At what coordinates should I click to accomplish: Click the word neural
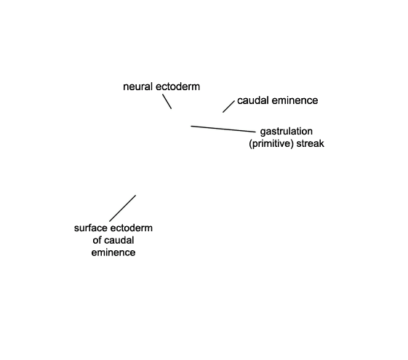[x=137, y=87]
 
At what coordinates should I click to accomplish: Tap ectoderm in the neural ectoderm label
[x=177, y=87]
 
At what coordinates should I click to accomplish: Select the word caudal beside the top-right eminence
[x=252, y=100]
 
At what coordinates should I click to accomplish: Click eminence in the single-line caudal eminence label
[x=295, y=100]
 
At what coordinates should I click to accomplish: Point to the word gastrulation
[x=287, y=132]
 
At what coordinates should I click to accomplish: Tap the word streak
[x=311, y=143]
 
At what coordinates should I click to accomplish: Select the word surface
[x=91, y=228]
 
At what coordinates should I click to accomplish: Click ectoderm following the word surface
[x=131, y=228]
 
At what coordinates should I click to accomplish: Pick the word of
[x=96, y=240]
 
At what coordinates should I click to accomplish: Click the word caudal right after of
[x=119, y=240]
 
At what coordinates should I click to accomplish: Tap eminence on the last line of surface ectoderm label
[x=113, y=252]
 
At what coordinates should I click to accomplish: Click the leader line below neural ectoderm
[x=167, y=101]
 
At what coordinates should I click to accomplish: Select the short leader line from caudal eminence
[x=228, y=107]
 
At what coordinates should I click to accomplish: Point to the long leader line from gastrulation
[x=223, y=129]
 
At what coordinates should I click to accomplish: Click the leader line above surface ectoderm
[x=123, y=208]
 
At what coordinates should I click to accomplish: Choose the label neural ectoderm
[x=161, y=87]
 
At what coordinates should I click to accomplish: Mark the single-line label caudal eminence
[x=278, y=100]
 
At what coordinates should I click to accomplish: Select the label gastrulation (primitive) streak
[x=287, y=137]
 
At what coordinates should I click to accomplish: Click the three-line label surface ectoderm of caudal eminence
[x=113, y=240]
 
